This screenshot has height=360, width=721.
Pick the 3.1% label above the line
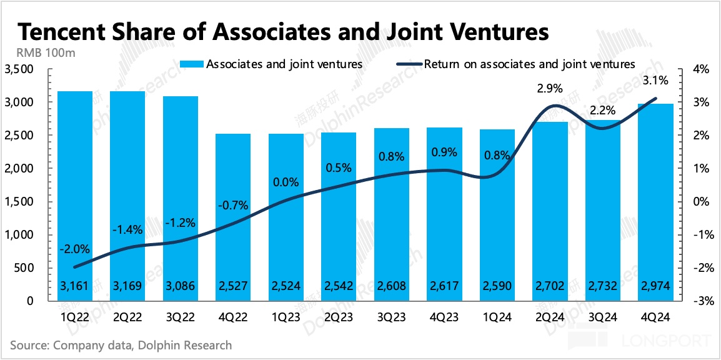655,80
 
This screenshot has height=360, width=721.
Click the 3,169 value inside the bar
127,286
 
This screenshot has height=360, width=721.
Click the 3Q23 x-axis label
391,317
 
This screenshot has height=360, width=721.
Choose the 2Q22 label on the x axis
127,317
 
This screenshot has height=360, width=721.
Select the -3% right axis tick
699,301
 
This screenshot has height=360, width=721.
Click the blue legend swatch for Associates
191,64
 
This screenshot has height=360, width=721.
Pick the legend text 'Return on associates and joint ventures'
529,64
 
